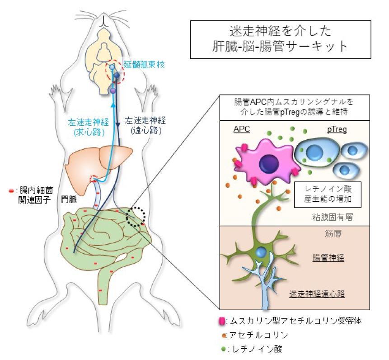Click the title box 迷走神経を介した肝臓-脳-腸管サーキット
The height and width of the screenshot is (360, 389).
[281, 39]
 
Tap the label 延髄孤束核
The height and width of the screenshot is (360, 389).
[144, 65]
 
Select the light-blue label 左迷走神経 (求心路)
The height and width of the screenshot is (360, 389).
[89, 127]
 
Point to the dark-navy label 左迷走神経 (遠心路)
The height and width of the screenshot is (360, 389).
[145, 126]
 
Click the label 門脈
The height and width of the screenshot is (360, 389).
[69, 199]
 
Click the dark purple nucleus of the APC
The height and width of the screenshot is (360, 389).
[269, 164]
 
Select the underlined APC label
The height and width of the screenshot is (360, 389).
[242, 129]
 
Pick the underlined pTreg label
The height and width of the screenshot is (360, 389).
[337, 129]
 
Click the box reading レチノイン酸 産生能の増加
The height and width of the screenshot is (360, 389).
[328, 194]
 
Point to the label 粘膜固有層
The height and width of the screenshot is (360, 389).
[333, 217]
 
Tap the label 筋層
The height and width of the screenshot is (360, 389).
[333, 234]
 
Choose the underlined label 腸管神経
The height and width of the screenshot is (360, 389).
[328, 258]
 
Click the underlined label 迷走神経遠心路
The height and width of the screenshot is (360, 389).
[317, 294]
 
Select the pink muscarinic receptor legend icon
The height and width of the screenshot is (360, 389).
[222, 321]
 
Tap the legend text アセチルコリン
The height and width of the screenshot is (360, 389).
[258, 335]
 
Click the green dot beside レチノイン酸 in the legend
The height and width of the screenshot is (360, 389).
[224, 349]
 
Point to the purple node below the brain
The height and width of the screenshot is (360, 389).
[113, 91]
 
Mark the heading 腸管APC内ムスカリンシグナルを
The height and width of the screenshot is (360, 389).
[294, 102]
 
